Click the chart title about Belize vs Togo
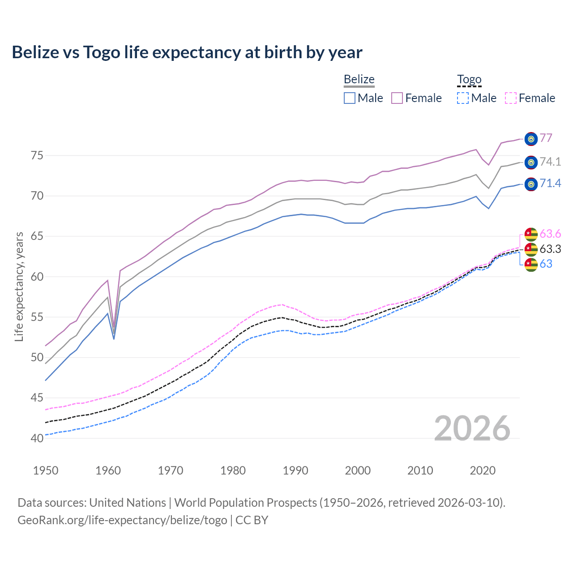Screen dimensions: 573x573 click(x=187, y=52)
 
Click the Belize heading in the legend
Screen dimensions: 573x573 click(x=359, y=79)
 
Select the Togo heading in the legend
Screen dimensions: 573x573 click(x=469, y=79)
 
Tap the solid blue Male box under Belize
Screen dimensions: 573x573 click(x=350, y=98)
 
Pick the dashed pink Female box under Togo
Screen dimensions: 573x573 click(x=511, y=98)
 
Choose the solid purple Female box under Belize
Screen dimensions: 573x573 click(x=397, y=98)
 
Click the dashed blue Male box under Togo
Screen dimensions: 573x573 click(x=463, y=98)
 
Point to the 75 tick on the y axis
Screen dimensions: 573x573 click(x=37, y=156)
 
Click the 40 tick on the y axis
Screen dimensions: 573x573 click(x=37, y=438)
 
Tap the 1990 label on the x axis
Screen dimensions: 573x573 click(x=295, y=470)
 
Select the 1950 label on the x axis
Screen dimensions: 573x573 click(x=46, y=470)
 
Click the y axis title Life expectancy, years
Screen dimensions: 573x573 click(x=19, y=286)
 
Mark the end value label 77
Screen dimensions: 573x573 click(x=546, y=138)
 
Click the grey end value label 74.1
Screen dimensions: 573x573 click(x=550, y=162)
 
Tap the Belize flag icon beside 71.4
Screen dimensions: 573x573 click(x=531, y=184)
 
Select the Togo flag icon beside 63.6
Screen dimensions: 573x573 click(x=531, y=234)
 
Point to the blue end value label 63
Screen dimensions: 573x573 click(x=546, y=264)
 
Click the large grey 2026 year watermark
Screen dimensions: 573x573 click(x=472, y=428)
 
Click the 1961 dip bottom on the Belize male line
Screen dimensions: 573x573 click(x=114, y=339)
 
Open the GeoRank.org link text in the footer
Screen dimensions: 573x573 click(x=122, y=520)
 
